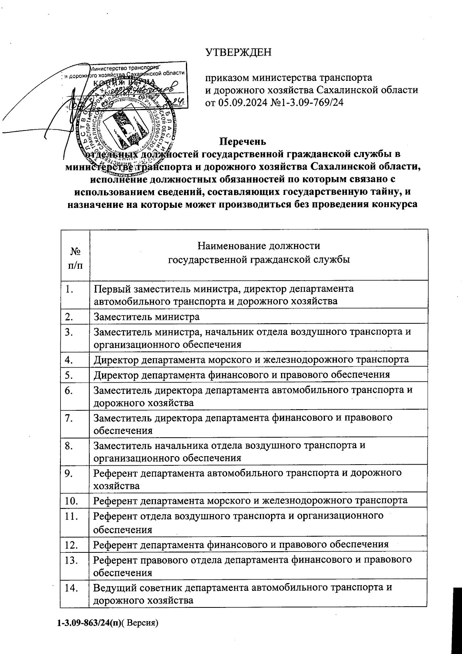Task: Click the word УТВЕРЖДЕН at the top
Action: tap(238, 52)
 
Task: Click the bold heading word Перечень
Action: tap(243, 142)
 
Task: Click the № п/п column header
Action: tap(75, 258)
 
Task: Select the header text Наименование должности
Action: tap(258, 246)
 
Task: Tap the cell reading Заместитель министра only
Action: tap(147, 317)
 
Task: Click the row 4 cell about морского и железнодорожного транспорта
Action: tap(251, 360)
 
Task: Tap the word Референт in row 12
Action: tap(115, 544)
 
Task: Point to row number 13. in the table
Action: tap(72, 559)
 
